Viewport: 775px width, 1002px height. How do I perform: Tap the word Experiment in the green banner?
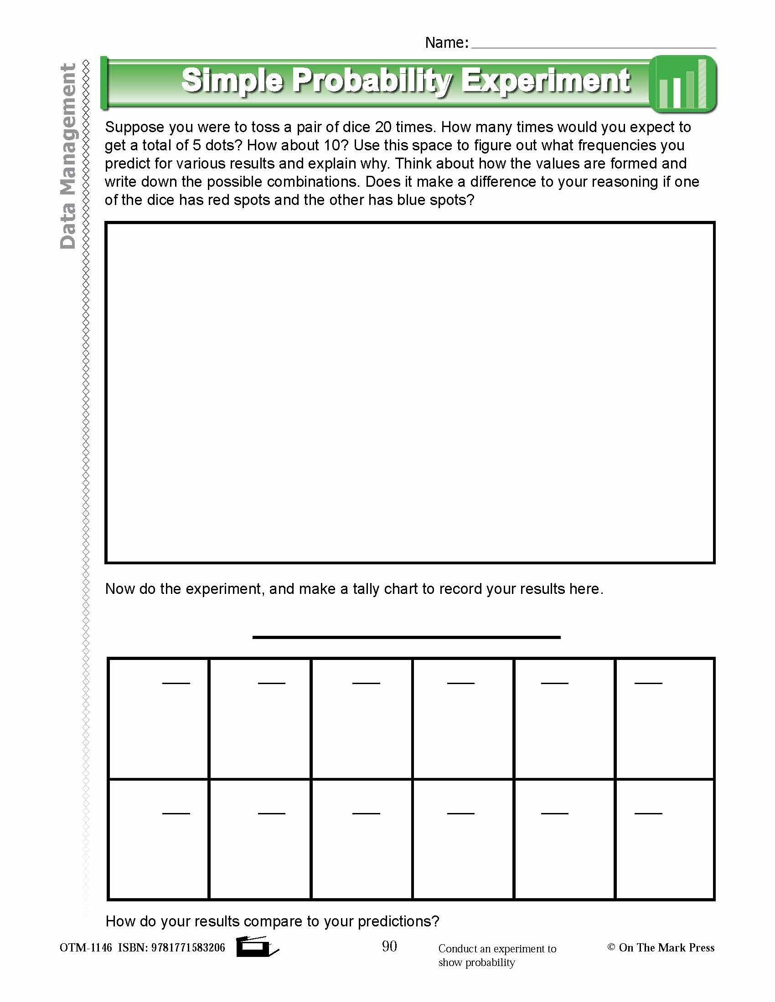(x=545, y=81)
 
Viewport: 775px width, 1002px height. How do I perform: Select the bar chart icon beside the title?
(x=683, y=84)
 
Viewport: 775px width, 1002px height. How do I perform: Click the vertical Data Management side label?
(x=68, y=156)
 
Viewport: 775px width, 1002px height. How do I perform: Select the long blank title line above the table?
(x=406, y=637)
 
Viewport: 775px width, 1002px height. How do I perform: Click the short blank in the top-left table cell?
(x=176, y=683)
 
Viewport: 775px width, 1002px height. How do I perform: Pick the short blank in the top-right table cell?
(x=648, y=683)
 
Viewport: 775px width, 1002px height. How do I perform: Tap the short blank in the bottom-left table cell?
(x=176, y=813)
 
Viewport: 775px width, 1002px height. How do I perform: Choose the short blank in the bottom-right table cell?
(x=648, y=813)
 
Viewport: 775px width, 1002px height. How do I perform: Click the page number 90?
(x=389, y=946)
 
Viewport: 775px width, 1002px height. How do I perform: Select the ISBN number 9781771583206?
(x=188, y=948)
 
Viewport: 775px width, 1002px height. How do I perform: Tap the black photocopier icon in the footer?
(x=255, y=947)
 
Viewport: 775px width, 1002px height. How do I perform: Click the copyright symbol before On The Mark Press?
(x=611, y=947)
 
